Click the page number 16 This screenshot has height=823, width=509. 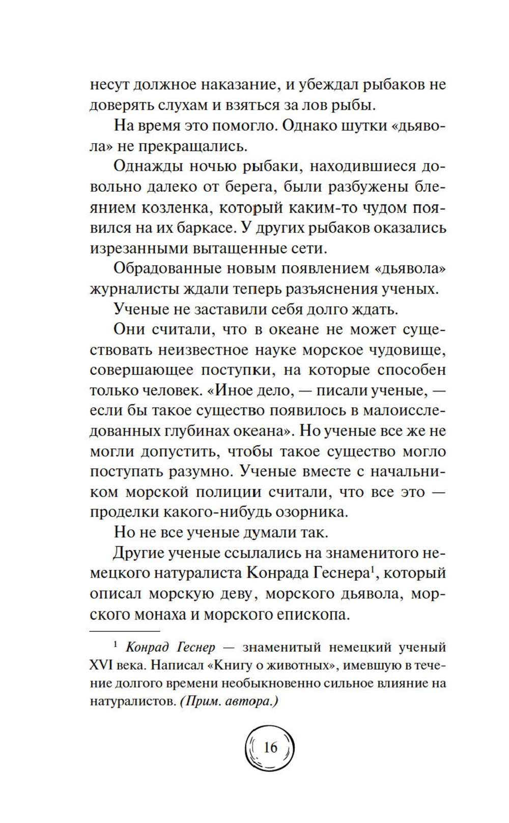coord(270,748)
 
